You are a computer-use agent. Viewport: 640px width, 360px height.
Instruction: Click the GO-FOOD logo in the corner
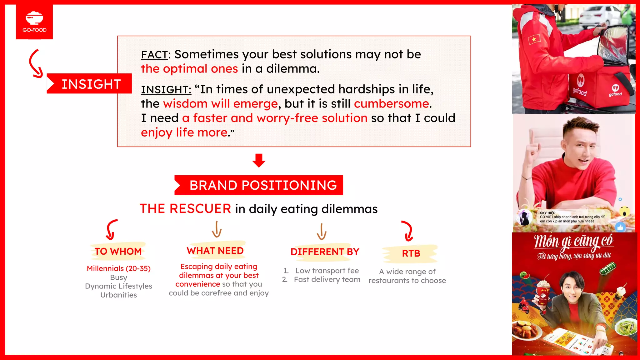[x=34, y=22]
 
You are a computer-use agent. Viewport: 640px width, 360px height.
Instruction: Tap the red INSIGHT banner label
[x=91, y=84]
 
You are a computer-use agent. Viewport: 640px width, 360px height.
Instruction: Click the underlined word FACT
[x=154, y=55]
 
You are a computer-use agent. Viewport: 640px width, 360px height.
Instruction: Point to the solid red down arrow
[x=259, y=160]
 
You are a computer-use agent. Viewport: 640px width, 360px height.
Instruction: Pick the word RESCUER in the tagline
[x=200, y=209]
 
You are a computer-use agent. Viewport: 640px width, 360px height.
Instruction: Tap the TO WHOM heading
[x=118, y=252]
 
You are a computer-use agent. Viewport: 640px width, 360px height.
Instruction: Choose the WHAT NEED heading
[x=215, y=251]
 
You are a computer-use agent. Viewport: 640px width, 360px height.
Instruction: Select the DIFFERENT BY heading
[x=325, y=252]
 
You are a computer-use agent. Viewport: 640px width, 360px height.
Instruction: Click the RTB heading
[x=411, y=253]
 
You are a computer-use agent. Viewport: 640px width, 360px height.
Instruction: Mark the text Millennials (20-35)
[x=119, y=268]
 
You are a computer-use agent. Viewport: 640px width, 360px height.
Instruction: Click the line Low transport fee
[x=327, y=271]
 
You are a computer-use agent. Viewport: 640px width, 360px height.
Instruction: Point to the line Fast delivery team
[x=327, y=279]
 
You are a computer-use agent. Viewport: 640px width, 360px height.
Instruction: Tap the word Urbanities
[x=119, y=295]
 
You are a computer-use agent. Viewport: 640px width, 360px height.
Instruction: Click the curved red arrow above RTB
[x=407, y=231]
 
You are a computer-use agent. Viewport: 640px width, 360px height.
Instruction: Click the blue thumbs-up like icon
[x=620, y=227]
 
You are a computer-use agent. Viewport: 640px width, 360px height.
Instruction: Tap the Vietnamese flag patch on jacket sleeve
[x=534, y=39]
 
